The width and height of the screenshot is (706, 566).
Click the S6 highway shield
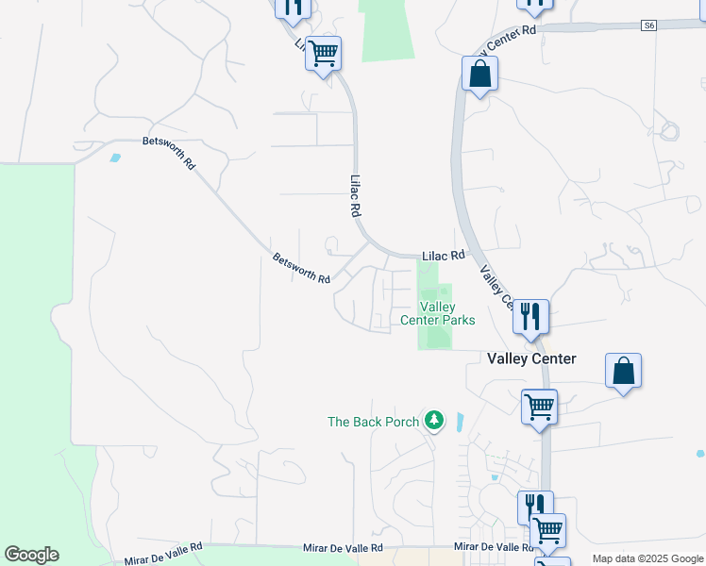point(648,25)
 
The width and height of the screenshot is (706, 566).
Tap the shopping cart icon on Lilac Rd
point(323,53)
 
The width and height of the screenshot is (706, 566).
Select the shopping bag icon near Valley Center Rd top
point(480,75)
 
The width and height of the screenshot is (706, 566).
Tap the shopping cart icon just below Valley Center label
point(539,408)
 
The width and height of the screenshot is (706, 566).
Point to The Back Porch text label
point(373,422)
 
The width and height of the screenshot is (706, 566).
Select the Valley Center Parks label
point(438,313)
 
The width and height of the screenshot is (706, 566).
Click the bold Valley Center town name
point(531,358)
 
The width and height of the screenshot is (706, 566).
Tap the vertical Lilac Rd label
point(356,196)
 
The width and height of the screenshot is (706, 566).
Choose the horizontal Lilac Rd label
point(444,256)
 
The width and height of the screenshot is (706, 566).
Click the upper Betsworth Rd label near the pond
point(169,152)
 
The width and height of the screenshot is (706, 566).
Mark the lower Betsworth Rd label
point(301,269)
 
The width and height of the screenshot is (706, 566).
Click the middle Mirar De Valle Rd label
point(343,548)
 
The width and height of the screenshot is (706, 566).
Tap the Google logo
point(31,555)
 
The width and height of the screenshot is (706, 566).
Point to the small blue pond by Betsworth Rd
point(115,158)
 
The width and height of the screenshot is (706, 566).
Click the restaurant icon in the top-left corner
point(293,7)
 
